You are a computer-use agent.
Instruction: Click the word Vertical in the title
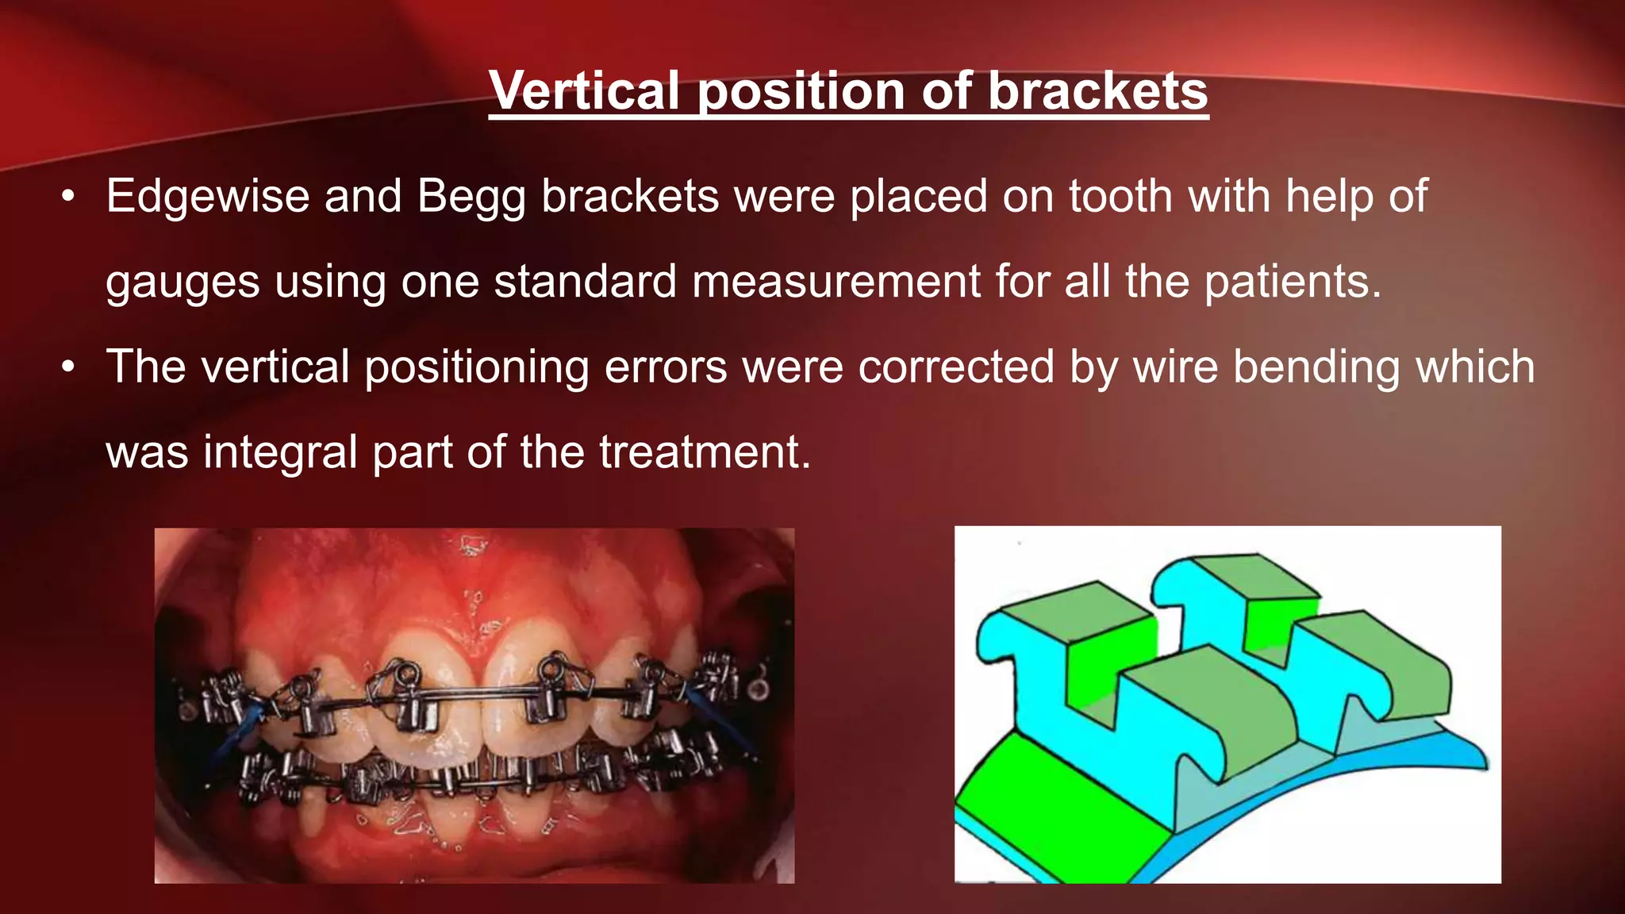coord(585,90)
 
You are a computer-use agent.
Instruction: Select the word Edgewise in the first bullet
coord(207,196)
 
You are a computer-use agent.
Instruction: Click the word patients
coord(1293,282)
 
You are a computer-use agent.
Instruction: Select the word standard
coord(585,282)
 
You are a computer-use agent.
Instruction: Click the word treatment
coord(705,453)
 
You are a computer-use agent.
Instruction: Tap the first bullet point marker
coord(68,196)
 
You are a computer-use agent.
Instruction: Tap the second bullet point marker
coord(68,367)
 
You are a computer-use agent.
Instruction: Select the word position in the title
coord(801,92)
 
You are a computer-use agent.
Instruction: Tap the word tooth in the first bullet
coord(1120,196)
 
